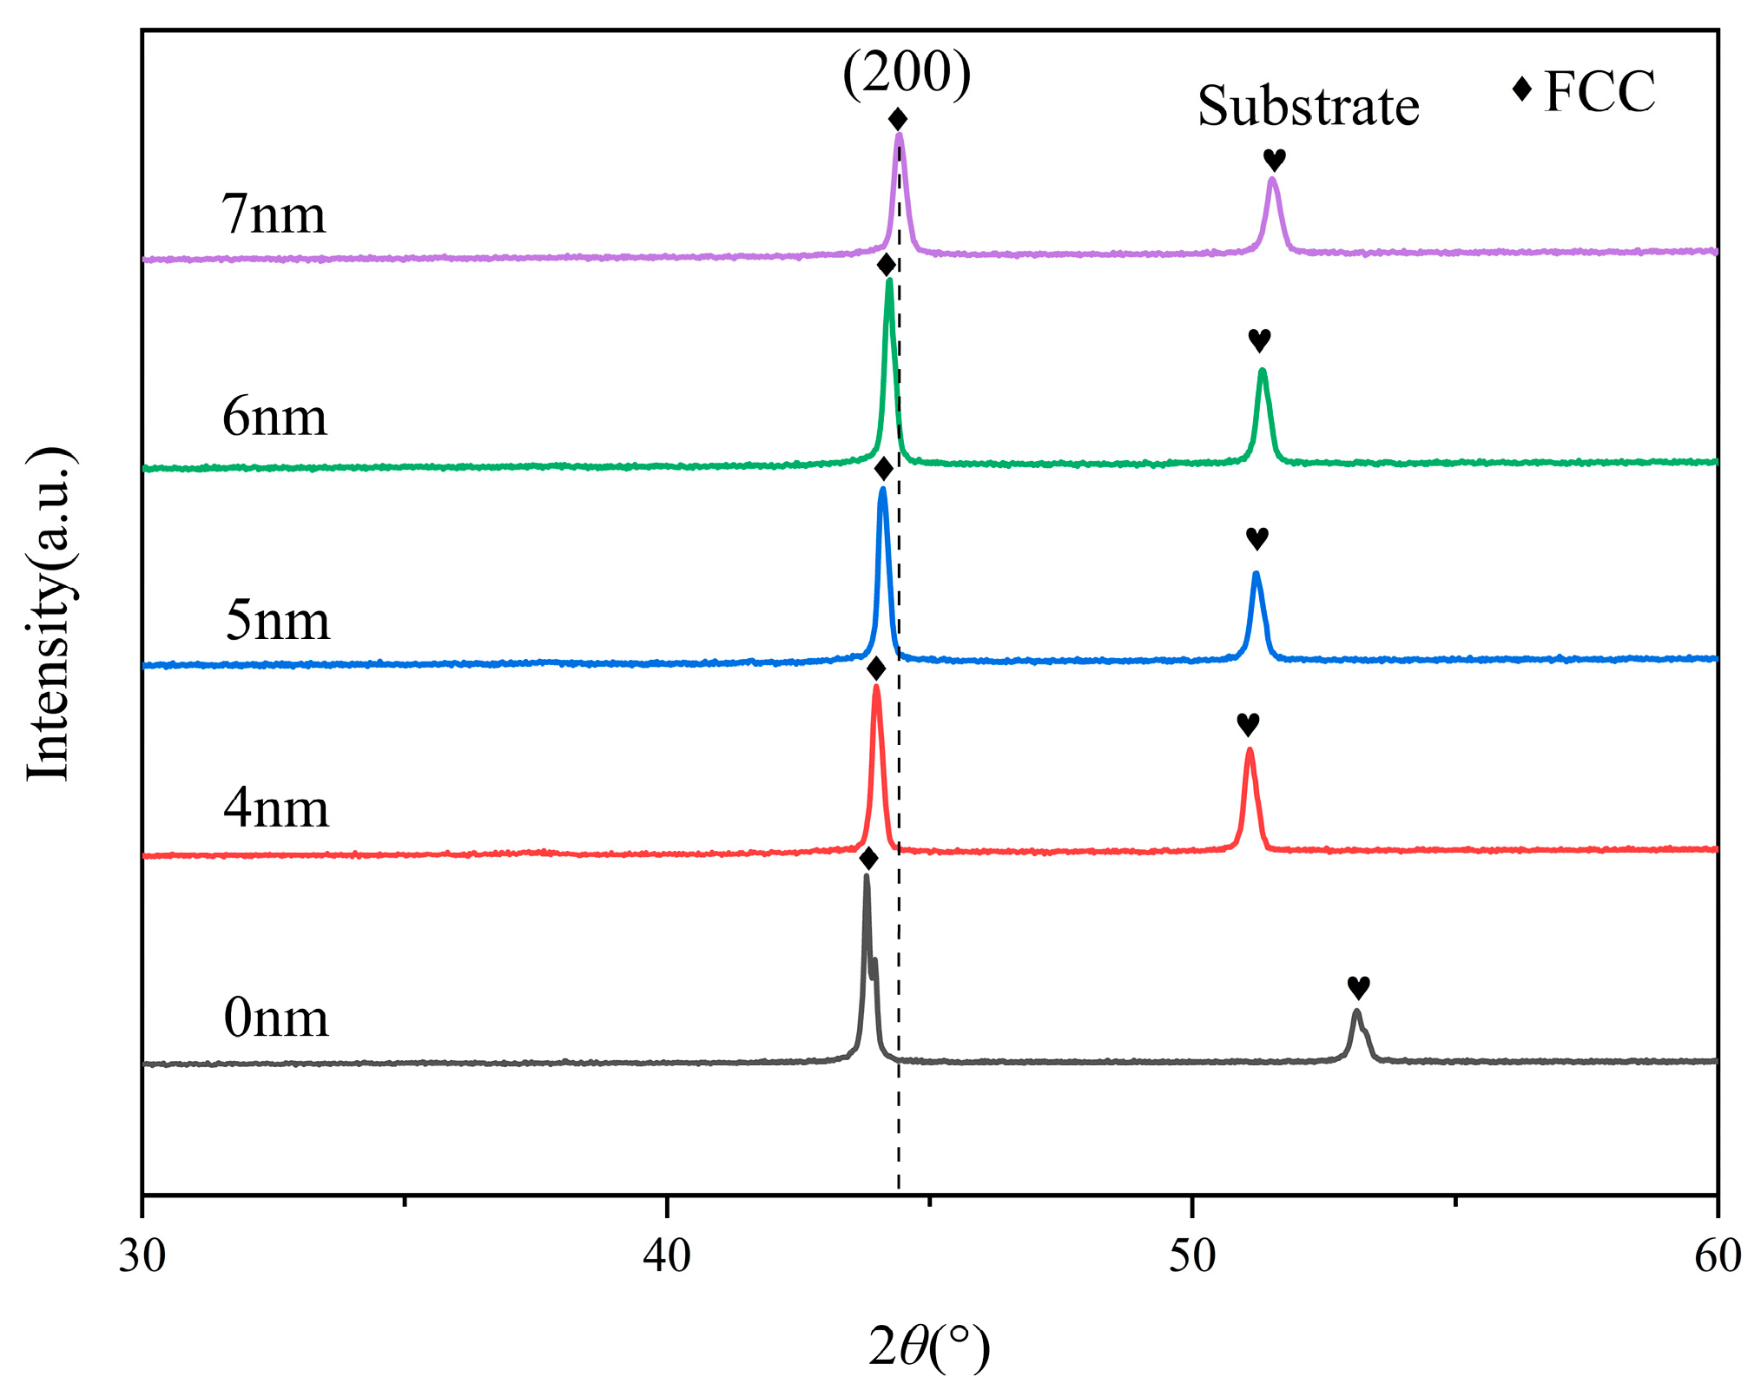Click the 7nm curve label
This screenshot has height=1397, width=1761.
click(x=274, y=214)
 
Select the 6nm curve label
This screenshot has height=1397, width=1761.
click(x=274, y=417)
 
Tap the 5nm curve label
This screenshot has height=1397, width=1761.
click(x=277, y=621)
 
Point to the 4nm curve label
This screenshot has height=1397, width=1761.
click(x=276, y=808)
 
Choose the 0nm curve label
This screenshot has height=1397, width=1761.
click(x=276, y=1018)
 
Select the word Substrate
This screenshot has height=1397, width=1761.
click(x=1308, y=107)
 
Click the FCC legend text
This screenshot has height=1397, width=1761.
click(x=1599, y=91)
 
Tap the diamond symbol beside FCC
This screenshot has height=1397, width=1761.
click(x=1521, y=89)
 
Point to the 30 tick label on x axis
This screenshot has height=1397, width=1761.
click(x=142, y=1256)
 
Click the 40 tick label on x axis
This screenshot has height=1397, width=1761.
click(x=667, y=1256)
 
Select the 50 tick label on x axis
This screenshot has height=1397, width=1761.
click(x=1192, y=1256)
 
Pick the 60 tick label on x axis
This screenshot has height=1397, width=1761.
click(x=1717, y=1256)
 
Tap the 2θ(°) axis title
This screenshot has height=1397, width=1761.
click(x=928, y=1348)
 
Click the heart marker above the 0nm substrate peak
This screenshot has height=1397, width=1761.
click(x=1358, y=987)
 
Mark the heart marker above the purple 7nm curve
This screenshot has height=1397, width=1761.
click(x=1274, y=160)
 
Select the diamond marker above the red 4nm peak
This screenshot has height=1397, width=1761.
click(x=876, y=669)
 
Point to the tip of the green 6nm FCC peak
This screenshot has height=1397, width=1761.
click(x=888, y=280)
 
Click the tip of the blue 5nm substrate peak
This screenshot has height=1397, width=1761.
click(x=1256, y=574)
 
